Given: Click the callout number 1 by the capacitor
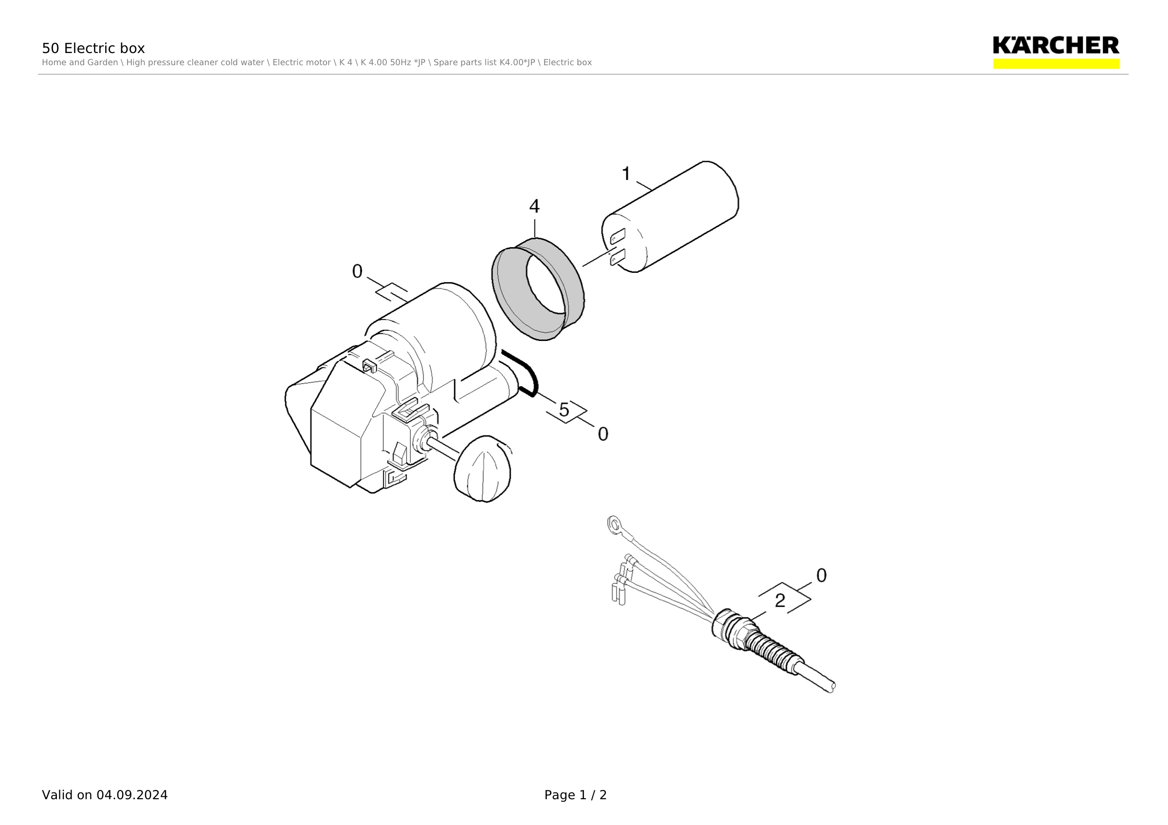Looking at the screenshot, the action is point(626,174).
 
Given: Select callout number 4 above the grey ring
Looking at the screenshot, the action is point(534,206).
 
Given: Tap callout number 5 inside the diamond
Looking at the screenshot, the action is point(564,410).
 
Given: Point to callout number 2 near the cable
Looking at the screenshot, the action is point(780,601).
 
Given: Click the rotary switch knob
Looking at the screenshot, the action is point(482,468).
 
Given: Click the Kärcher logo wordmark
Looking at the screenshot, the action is point(1056,45).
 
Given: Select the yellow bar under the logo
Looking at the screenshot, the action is point(1056,64).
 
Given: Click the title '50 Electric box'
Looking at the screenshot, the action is point(93,48).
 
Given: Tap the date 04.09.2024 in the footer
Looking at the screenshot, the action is point(132,795).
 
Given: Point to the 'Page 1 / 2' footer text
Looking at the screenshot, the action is point(575,795).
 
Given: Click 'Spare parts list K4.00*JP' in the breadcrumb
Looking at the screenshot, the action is point(484,63).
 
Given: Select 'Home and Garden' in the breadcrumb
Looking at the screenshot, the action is point(80,63).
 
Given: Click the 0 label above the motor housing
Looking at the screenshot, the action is point(357,271).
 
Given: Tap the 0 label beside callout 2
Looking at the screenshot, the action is point(821,575).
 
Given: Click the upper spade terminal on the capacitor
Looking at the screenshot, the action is point(617,236).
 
